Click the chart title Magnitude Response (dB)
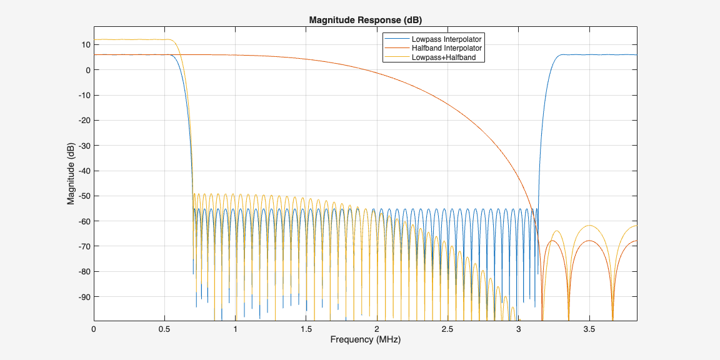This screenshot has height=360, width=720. click(x=366, y=20)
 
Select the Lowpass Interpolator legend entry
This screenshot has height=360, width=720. click(x=446, y=39)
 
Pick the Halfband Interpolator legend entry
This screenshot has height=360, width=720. click(x=446, y=48)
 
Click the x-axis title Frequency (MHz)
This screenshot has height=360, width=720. click(x=366, y=340)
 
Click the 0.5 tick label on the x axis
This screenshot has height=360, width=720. click(x=164, y=329)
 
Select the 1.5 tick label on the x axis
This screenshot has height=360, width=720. click(x=306, y=329)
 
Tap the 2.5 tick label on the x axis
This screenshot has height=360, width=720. click(x=447, y=329)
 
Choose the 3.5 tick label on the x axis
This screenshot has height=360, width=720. click(x=589, y=329)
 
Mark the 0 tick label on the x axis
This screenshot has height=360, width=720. click(x=94, y=329)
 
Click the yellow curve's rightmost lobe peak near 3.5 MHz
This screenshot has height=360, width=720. click(x=589, y=226)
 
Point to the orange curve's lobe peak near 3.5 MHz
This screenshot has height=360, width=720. click(x=589, y=241)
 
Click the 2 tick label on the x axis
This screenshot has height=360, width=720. click(x=377, y=329)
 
